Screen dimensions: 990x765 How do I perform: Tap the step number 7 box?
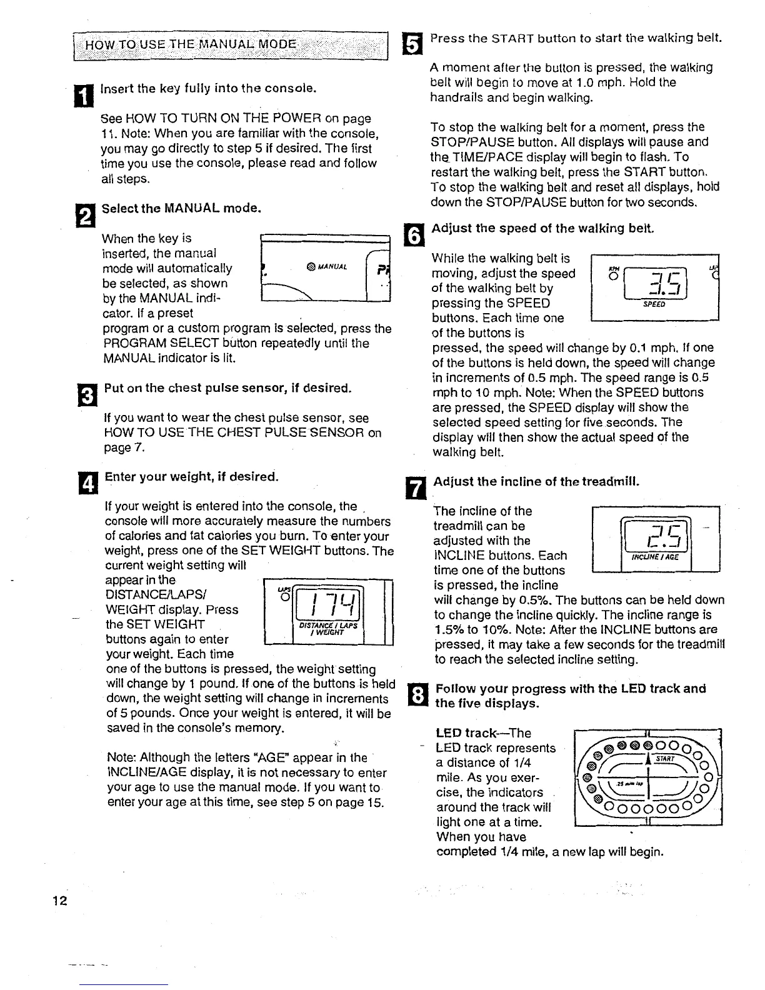tap(417, 487)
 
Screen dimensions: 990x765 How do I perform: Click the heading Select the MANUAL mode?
tap(181, 207)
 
